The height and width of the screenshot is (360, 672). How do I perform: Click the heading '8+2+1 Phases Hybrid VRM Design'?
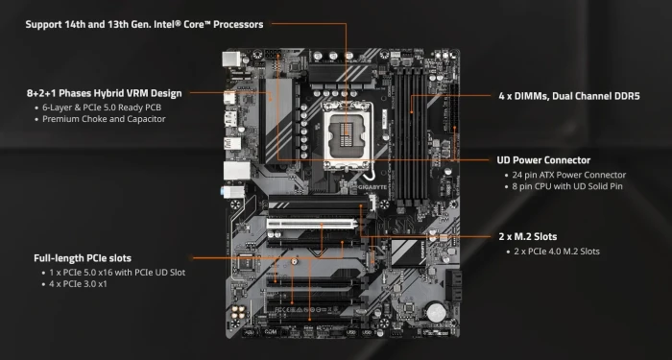coord(104,93)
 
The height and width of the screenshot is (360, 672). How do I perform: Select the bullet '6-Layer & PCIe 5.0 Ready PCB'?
coord(102,108)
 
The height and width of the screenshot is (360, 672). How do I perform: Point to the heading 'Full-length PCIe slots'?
coord(83,258)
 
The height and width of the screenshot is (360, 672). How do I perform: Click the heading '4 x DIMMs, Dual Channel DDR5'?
coord(569,96)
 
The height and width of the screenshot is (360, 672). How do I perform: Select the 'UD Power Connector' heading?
coord(543,160)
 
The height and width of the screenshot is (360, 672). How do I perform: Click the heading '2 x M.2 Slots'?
coord(528,236)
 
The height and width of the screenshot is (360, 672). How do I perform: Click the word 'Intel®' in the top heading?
coord(167,24)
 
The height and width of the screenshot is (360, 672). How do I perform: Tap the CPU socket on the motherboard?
coord(348,136)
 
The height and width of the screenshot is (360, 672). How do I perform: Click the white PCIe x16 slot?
coord(312,224)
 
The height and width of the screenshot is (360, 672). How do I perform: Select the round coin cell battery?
coord(437,312)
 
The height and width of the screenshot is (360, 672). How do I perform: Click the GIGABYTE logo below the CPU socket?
coord(372,187)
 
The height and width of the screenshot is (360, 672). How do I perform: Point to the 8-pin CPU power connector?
coord(273,55)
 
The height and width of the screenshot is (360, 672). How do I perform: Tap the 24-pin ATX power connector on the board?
coord(453,108)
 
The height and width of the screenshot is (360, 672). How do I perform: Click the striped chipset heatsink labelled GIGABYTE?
coord(408,252)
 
